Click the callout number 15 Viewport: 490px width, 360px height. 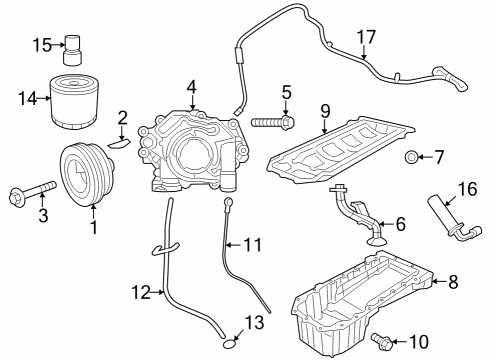click(41, 44)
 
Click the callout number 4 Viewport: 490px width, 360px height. click(191, 89)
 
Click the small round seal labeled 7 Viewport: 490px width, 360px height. click(410, 158)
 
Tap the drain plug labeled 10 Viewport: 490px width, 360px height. click(381, 342)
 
